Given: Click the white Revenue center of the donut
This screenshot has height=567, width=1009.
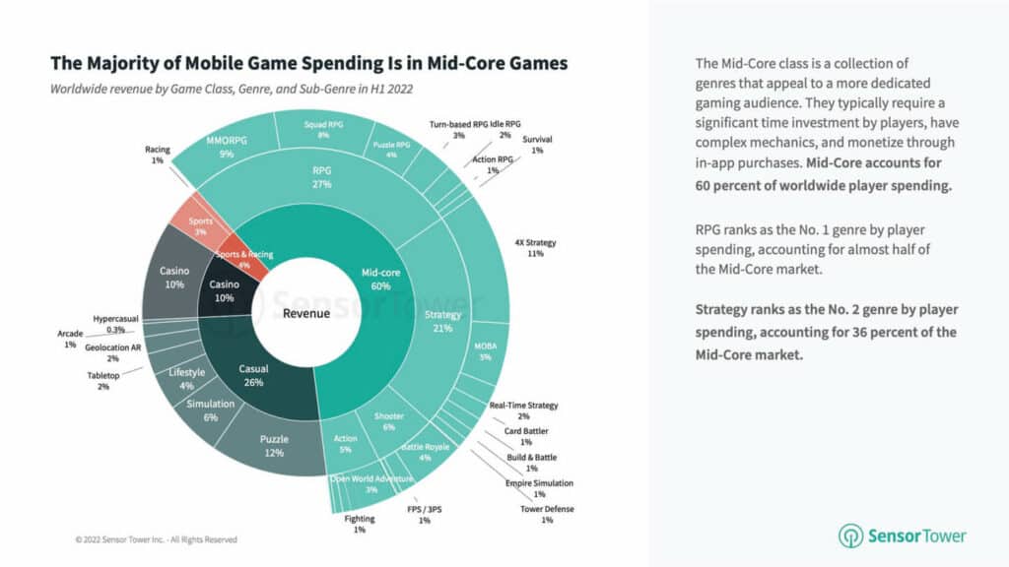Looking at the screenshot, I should pyautogui.click(x=305, y=313).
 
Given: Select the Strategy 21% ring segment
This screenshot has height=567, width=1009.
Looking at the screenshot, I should pyautogui.click(x=441, y=320).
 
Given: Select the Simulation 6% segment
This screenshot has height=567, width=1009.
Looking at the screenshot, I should pyautogui.click(x=209, y=409).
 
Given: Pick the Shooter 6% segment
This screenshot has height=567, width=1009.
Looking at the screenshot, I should pyautogui.click(x=388, y=421).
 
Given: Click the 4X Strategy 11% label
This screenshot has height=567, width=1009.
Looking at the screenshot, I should pyautogui.click(x=535, y=247).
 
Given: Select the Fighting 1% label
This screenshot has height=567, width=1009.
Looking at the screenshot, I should pyautogui.click(x=359, y=524).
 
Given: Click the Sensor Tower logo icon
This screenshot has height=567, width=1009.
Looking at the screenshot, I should pyautogui.click(x=850, y=535).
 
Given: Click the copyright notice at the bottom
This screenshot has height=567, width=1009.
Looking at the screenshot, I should pyautogui.click(x=155, y=539).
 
